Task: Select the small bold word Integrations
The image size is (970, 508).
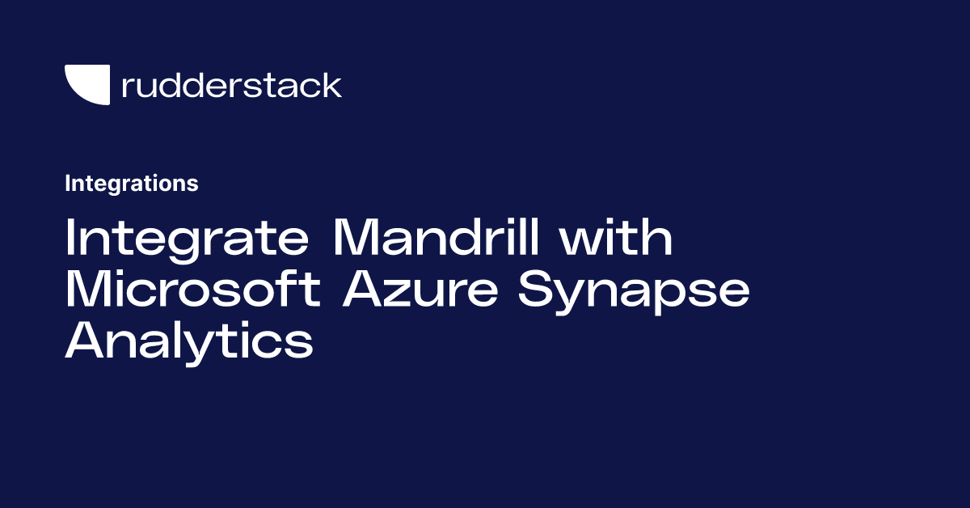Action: click(132, 184)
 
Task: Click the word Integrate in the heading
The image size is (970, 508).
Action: click(187, 239)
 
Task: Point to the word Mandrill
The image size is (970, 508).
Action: click(436, 237)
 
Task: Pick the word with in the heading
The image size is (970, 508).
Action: click(616, 237)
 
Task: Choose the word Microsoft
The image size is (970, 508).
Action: click(193, 288)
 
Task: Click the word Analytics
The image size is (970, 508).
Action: click(189, 342)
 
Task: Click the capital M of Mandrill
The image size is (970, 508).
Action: click(354, 237)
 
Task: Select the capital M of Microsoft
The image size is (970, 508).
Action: click(86, 289)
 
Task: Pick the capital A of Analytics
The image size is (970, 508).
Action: click(84, 340)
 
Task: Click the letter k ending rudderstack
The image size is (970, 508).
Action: click(331, 84)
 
